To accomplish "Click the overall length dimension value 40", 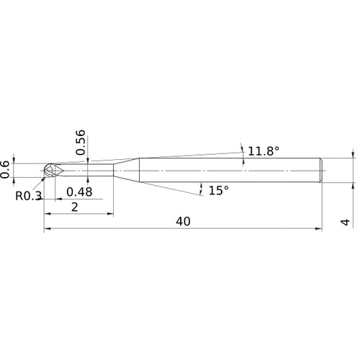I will (x=182, y=222).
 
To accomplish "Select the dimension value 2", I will (x=75, y=207).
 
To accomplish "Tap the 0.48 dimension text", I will (x=79, y=192).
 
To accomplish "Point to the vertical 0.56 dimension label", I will (x=81, y=142).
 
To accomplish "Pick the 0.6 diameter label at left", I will (x=6, y=168).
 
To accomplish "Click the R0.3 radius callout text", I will (x=27, y=194).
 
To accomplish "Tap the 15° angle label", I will (x=217, y=190).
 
